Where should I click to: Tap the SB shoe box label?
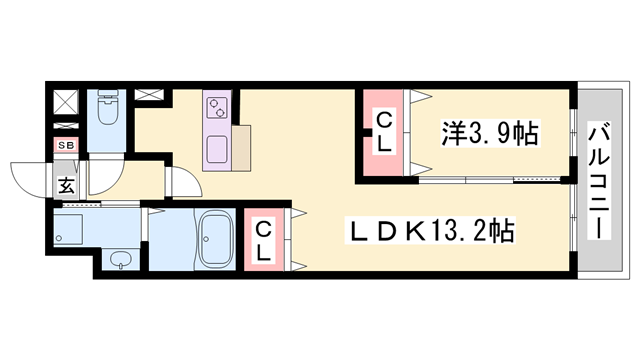[63, 146]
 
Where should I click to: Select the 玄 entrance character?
[64, 184]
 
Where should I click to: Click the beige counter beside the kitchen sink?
[245, 149]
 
